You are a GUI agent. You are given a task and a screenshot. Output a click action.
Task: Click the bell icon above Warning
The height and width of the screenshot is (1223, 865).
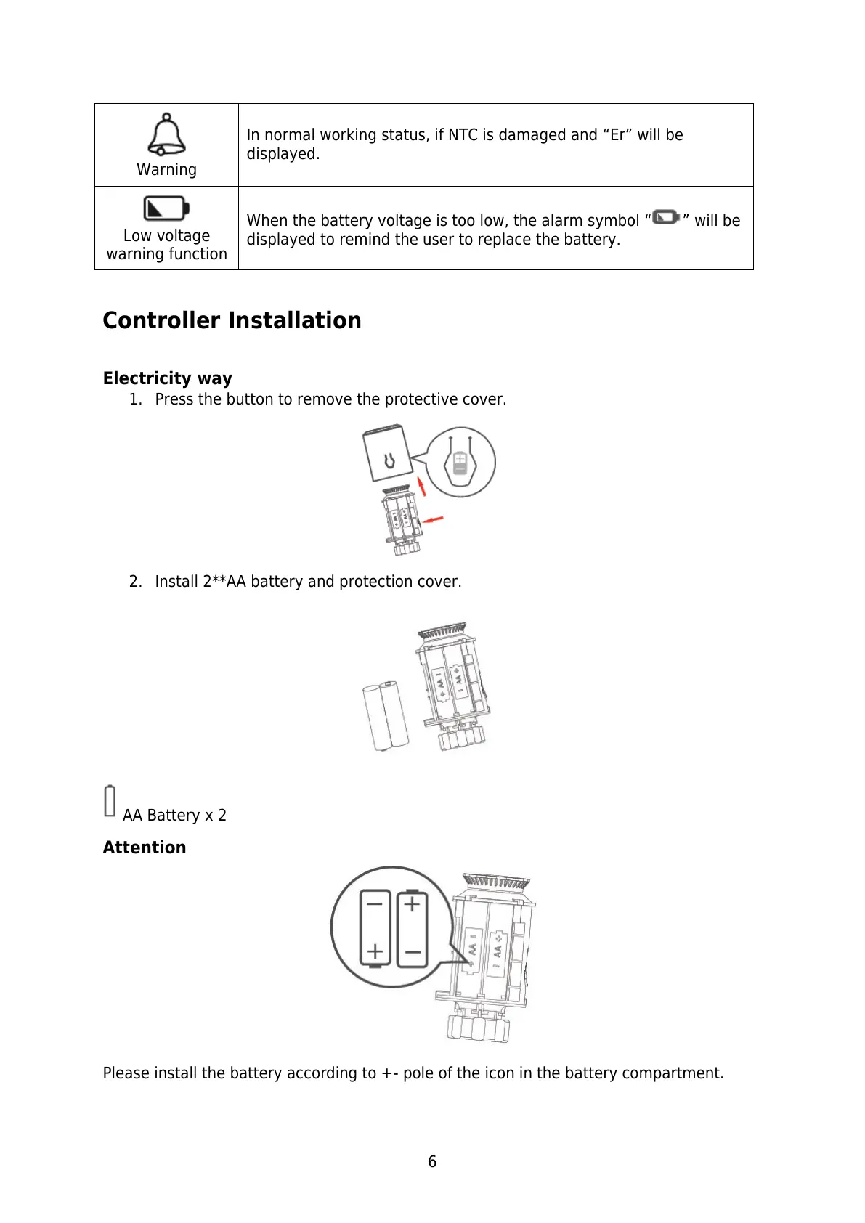[166, 134]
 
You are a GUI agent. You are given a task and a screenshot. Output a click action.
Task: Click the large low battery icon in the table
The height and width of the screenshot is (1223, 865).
[166, 208]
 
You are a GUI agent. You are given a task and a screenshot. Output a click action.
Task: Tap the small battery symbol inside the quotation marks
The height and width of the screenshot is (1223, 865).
[666, 217]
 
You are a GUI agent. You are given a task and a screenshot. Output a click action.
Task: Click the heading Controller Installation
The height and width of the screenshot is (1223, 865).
[232, 320]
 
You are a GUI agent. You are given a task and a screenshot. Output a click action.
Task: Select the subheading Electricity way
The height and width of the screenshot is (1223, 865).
[167, 378]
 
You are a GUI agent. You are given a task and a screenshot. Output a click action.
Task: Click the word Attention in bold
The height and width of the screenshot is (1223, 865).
[144, 848]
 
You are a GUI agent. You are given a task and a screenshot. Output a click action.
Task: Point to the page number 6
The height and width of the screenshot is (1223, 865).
[432, 1162]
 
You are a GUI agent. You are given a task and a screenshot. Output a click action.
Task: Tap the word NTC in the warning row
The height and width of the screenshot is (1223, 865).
[463, 135]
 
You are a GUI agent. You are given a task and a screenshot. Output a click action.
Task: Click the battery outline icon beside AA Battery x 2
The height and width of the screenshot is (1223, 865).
[110, 801]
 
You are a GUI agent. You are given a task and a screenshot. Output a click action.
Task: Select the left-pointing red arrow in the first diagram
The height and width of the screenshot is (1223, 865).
[434, 519]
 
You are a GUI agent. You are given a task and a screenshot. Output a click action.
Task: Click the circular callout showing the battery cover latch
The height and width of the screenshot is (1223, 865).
[460, 462]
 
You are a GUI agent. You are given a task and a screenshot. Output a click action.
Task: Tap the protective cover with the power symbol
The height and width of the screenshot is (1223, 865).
[387, 454]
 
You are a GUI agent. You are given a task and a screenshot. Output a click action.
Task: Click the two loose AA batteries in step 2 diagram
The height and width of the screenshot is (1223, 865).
[385, 716]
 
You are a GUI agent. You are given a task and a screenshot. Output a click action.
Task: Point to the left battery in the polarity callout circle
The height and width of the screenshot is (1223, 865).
[375, 929]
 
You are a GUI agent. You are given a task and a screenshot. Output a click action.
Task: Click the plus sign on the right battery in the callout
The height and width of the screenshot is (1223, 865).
[412, 904]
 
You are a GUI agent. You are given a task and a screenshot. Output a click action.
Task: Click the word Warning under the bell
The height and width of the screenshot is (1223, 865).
[166, 170]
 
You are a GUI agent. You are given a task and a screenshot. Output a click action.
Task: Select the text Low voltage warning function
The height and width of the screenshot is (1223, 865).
[166, 245]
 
